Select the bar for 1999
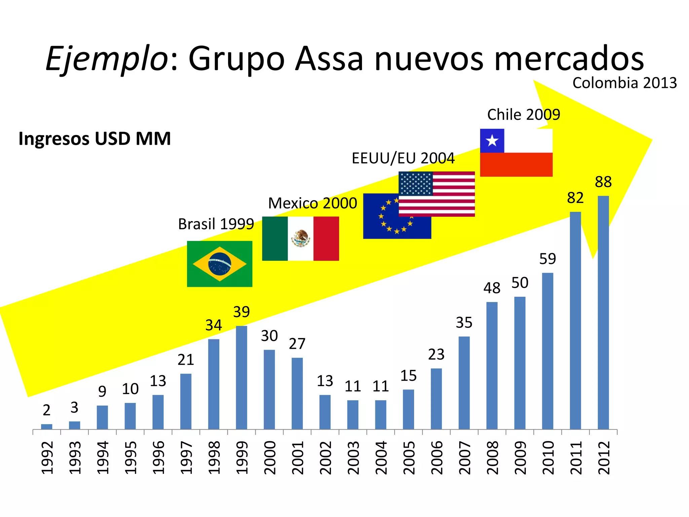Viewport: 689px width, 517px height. (241, 377)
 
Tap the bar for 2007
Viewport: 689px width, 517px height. (464, 383)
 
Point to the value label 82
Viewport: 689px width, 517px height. (575, 198)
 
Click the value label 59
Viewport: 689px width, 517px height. (547, 259)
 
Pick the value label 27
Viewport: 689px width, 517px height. (297, 344)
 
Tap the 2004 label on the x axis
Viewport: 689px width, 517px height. (381, 458)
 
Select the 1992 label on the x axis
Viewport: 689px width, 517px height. (47, 458)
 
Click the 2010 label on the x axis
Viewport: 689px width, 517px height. (548, 458)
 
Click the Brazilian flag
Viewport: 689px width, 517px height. (219, 264)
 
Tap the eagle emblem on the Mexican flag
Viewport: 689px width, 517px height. (300, 238)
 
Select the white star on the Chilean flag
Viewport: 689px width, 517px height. (492, 141)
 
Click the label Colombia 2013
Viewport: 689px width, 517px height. (624, 83)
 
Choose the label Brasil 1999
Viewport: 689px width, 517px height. (216, 224)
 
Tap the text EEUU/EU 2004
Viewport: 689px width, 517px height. (403, 158)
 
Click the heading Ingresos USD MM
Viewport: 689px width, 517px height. (95, 138)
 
